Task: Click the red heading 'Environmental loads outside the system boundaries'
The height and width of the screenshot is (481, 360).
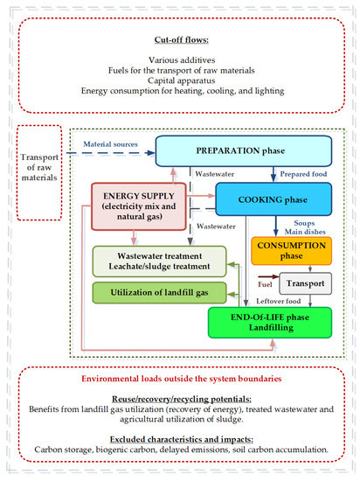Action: point(180,382)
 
